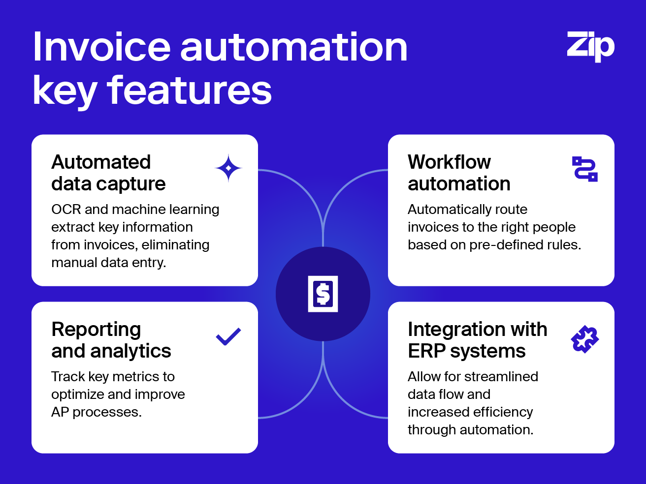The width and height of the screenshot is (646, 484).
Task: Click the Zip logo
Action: (590, 46)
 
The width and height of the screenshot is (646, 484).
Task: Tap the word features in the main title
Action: (189, 90)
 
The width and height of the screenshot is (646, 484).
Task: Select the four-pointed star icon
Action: (228, 168)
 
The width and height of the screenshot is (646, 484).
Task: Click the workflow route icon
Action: (585, 169)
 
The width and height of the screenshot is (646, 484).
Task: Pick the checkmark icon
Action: (228, 336)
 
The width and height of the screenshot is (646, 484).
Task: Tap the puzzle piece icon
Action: (585, 339)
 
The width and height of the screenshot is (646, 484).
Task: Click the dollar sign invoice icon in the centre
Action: (323, 294)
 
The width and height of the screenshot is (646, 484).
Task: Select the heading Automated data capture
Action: (108, 173)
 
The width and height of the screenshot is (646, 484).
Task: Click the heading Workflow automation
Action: (459, 173)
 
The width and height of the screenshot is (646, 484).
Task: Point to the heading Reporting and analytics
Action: (111, 340)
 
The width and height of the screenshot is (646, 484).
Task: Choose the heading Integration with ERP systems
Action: (478, 340)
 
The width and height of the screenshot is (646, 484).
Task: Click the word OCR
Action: (66, 210)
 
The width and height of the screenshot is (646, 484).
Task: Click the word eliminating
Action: (175, 245)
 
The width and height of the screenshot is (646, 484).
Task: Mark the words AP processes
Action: (97, 412)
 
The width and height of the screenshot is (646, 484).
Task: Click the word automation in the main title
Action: (294, 47)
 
